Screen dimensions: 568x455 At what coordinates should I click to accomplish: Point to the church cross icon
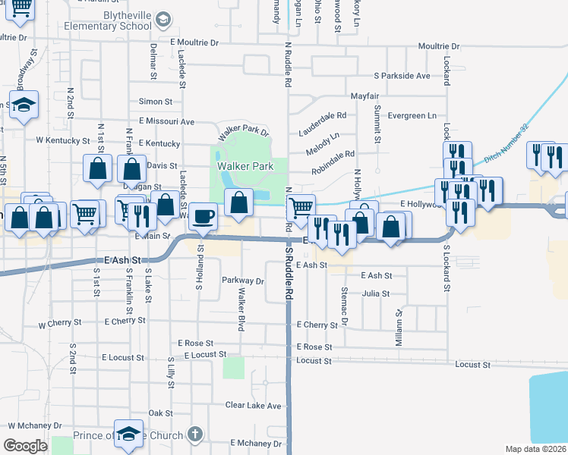pos(194,435)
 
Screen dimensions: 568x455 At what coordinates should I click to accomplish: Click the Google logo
pos(25,446)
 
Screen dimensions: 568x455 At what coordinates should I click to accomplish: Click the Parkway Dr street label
pos(242,281)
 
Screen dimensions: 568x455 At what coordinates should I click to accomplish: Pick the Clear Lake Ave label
pos(253,406)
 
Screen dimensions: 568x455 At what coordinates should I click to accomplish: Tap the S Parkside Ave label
pos(402,76)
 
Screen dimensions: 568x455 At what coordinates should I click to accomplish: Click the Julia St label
pos(376,293)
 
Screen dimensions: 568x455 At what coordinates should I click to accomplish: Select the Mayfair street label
pos(364,96)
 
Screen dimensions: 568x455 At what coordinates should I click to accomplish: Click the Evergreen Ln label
pos(412,116)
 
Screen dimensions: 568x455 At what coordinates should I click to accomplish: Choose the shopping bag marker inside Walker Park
pos(239,202)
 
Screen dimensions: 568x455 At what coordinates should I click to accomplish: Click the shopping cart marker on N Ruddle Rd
pos(302,206)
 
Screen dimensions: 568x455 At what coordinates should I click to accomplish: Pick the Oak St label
pos(160,413)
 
